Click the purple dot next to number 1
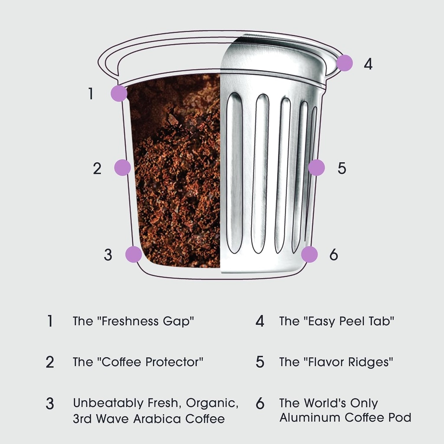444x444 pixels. [x=119, y=93]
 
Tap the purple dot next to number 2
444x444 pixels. [x=123, y=167]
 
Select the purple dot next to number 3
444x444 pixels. [x=134, y=255]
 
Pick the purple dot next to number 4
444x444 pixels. [x=345, y=63]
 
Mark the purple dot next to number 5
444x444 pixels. [x=317, y=167]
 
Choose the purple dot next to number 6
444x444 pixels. [x=310, y=255]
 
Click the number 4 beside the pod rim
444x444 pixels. [x=368, y=64]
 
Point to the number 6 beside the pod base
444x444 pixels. [x=333, y=255]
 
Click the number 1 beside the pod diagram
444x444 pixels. [x=91, y=94]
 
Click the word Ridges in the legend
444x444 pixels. [x=369, y=362]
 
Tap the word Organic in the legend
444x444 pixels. [x=212, y=403]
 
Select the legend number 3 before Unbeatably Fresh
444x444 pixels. [x=50, y=403]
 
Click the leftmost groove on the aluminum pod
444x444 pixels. [x=234, y=173]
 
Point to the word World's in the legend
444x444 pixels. [x=322, y=403]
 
